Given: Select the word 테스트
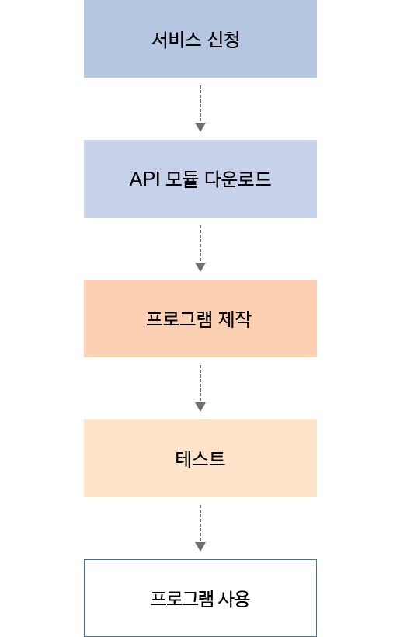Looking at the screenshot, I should [x=200, y=459].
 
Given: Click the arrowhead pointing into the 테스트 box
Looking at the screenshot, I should [x=200, y=406].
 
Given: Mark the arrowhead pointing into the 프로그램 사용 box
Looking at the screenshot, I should [x=200, y=546].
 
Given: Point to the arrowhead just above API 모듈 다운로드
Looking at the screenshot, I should [x=200, y=127].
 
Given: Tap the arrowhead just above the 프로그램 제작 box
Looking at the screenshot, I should [x=200, y=266].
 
